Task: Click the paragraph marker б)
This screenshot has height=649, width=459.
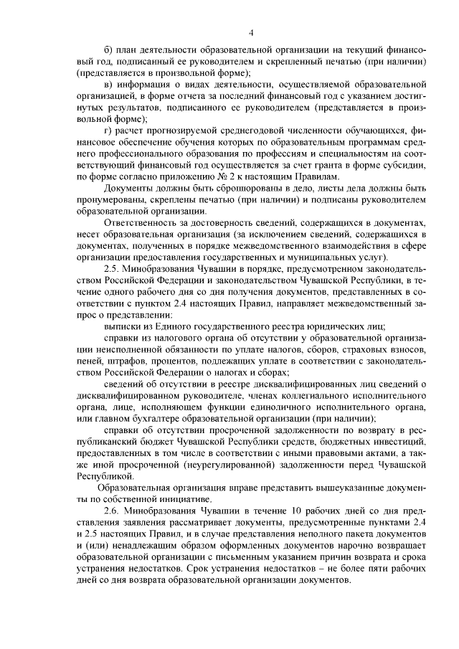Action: tap(108, 49)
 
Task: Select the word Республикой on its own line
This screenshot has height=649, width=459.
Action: tap(104, 475)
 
